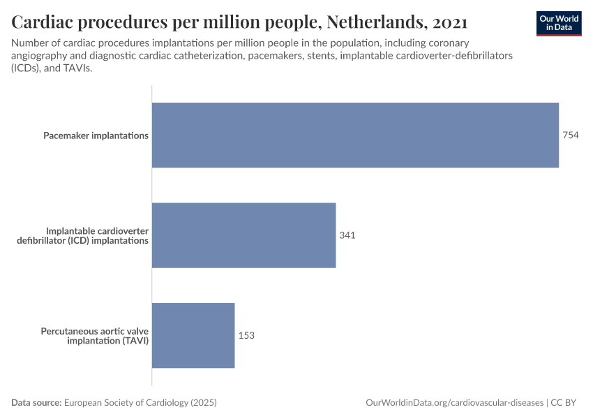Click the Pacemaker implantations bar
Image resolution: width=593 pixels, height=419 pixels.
(355, 135)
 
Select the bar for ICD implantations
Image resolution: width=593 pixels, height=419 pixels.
(243, 235)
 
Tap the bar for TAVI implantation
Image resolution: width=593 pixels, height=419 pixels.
(193, 335)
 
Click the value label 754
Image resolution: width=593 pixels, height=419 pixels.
(571, 135)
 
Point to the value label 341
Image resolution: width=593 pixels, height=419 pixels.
(347, 235)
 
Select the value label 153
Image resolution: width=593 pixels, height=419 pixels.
(246, 335)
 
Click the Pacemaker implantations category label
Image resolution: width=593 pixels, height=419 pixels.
(96, 135)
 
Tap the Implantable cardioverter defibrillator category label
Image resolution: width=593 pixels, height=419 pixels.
(97, 235)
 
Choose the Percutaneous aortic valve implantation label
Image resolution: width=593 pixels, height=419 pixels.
(95, 335)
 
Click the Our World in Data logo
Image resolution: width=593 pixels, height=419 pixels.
(559, 22)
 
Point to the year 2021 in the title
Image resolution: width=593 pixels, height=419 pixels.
(450, 22)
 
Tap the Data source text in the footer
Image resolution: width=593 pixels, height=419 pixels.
(36, 403)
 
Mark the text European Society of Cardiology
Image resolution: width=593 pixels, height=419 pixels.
(140, 403)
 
